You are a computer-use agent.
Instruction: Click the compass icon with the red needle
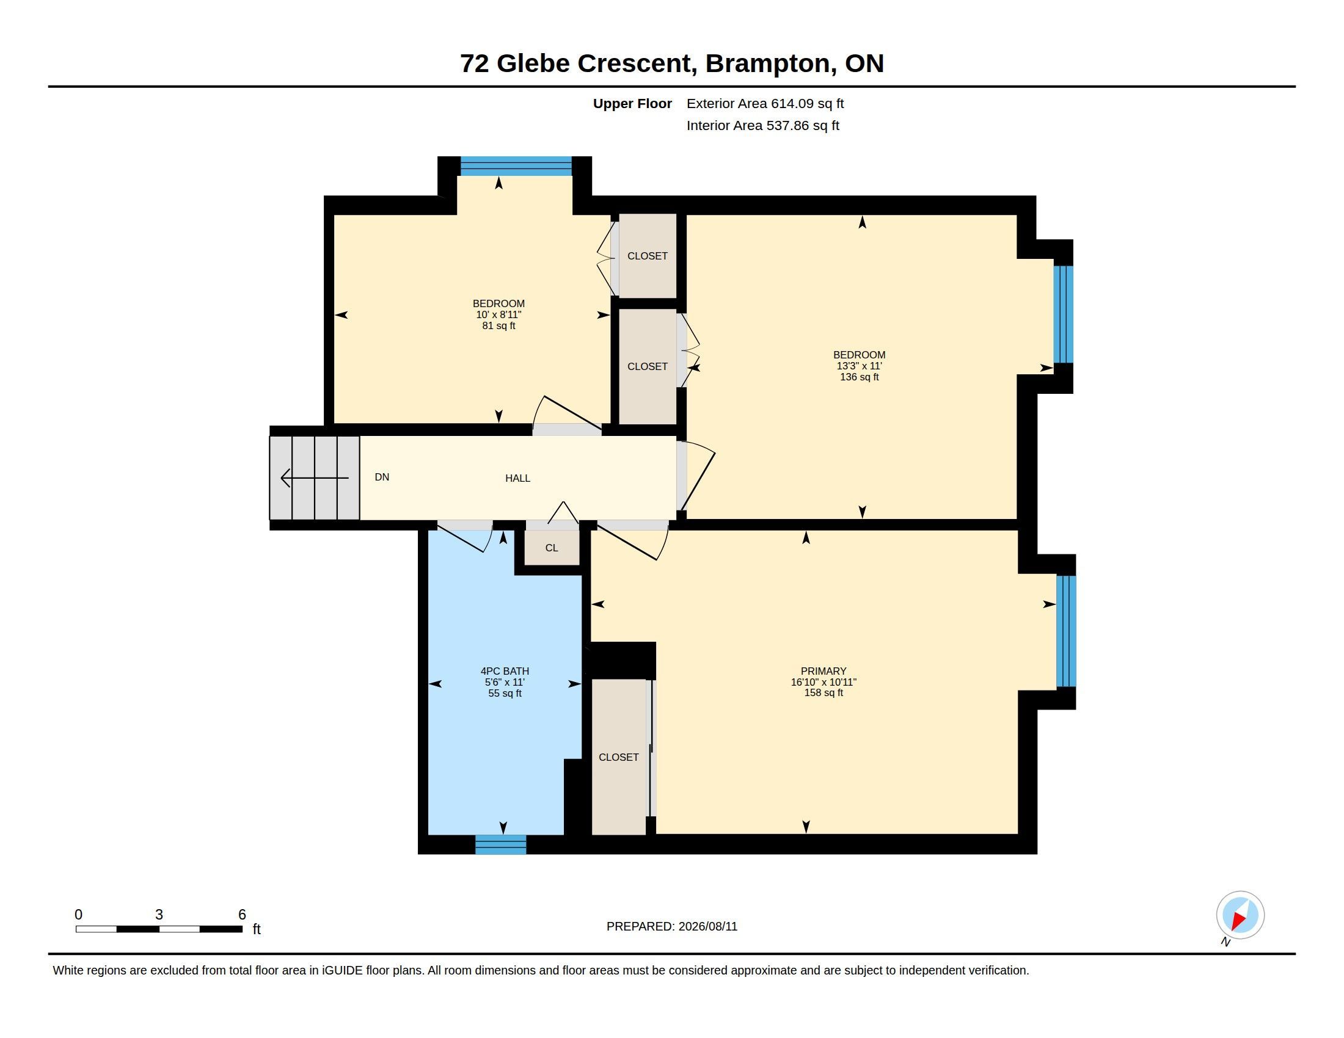click(x=1240, y=915)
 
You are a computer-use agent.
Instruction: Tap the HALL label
click(x=517, y=478)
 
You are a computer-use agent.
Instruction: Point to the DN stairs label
click(x=382, y=477)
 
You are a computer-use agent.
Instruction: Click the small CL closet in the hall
click(x=552, y=547)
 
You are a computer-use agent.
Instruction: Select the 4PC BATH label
click(x=505, y=671)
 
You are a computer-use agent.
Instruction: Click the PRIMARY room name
click(x=824, y=671)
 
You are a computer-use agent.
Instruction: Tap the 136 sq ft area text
click(x=859, y=377)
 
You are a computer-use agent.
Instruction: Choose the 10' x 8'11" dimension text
click(x=499, y=314)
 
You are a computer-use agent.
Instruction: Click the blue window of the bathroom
click(x=501, y=844)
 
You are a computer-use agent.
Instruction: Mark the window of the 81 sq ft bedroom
click(x=516, y=166)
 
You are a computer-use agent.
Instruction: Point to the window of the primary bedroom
click(x=1067, y=631)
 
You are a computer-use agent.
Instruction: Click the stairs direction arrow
click(x=315, y=478)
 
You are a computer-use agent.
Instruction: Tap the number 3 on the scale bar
click(x=159, y=915)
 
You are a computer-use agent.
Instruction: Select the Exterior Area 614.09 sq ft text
click(x=765, y=103)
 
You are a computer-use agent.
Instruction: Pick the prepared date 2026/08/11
click(x=707, y=926)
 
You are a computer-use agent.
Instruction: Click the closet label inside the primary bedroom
click(x=618, y=757)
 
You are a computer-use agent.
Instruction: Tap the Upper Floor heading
click(x=632, y=103)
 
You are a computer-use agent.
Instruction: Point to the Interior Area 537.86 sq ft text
click(x=762, y=125)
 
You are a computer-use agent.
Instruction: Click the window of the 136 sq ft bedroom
click(x=1064, y=314)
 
